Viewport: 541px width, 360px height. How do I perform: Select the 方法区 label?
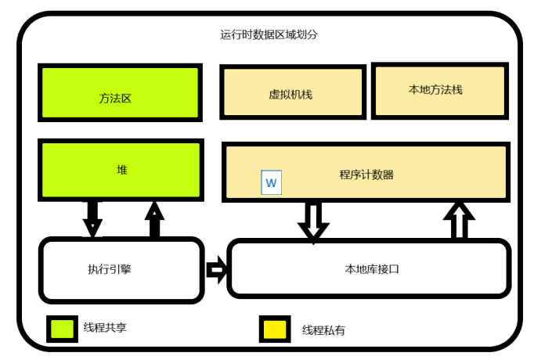[120, 99]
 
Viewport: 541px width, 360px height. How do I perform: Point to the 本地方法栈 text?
[435, 89]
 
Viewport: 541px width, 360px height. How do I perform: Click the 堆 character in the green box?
[121, 169]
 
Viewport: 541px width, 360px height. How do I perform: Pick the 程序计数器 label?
[366, 175]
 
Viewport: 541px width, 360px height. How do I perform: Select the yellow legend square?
[274, 329]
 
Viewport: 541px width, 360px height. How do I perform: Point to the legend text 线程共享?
[105, 328]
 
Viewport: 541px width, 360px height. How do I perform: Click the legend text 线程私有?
[323, 330]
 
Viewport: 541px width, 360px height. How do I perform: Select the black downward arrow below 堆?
[92, 218]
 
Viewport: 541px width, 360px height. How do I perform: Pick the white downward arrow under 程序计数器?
[314, 221]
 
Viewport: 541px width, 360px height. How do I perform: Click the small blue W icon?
[271, 183]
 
